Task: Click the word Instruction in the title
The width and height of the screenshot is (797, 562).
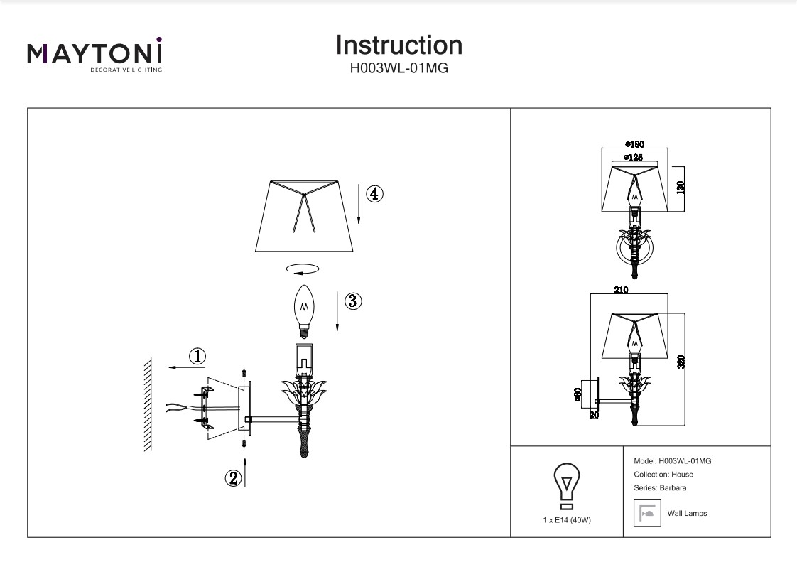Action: pyautogui.click(x=398, y=45)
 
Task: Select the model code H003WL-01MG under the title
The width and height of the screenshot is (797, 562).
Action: pyautogui.click(x=398, y=69)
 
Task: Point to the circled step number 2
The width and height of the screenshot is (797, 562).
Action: pyautogui.click(x=233, y=478)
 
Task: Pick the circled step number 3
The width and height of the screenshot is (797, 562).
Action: pyautogui.click(x=353, y=301)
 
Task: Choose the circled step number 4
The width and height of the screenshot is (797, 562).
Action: pyautogui.click(x=374, y=193)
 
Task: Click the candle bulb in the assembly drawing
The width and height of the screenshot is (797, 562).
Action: pyautogui.click(x=305, y=311)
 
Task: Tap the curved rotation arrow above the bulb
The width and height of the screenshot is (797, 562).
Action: pyautogui.click(x=302, y=269)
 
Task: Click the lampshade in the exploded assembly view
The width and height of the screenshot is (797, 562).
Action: pyautogui.click(x=305, y=216)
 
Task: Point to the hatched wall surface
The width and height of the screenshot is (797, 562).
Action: pyautogui.click(x=148, y=404)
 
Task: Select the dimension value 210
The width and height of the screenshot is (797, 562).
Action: pyautogui.click(x=621, y=290)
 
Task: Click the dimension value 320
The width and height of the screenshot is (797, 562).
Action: pyautogui.click(x=681, y=361)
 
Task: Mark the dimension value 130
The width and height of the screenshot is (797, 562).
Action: pyautogui.click(x=681, y=188)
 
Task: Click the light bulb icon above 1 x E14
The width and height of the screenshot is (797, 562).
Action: pyautogui.click(x=566, y=485)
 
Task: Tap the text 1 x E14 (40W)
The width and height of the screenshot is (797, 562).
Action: pyautogui.click(x=566, y=520)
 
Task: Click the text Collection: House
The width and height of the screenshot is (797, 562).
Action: pyautogui.click(x=663, y=474)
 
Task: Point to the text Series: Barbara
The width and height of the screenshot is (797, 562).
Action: pyautogui.click(x=659, y=487)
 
